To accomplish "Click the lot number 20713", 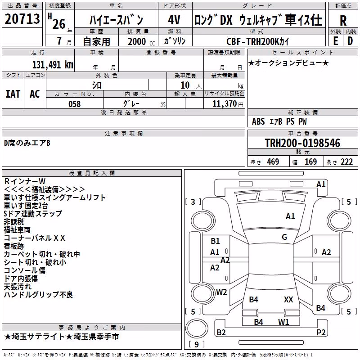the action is (x=22, y=19).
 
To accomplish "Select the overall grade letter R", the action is (x=343, y=20).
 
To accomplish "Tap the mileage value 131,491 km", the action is (x=53, y=65).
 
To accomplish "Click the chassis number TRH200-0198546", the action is (x=302, y=143).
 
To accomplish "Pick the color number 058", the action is (x=75, y=104).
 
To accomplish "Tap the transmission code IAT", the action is (x=13, y=94).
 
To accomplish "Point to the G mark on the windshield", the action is (x=284, y=237).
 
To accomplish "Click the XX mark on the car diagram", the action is (x=288, y=300).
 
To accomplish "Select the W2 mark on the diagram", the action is (x=221, y=292).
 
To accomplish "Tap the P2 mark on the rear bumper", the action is (x=321, y=332).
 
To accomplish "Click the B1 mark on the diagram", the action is (x=215, y=241).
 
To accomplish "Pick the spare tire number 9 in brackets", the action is (x=197, y=344).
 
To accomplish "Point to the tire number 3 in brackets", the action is (x=193, y=202).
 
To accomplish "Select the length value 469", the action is (x=273, y=162).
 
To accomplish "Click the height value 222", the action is (x=346, y=162).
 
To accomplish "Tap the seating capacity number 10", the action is (x=185, y=85).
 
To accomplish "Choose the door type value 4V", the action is (x=174, y=20).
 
